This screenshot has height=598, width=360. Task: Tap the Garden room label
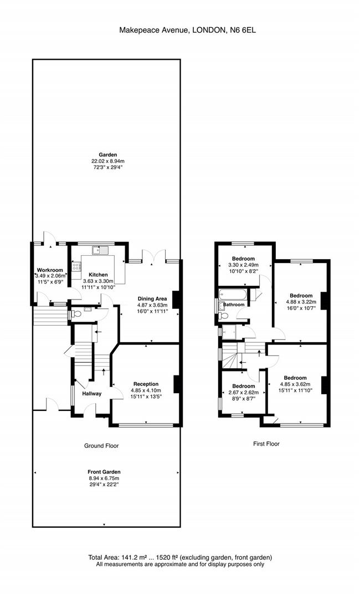108,155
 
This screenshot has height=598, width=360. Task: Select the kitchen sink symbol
100,250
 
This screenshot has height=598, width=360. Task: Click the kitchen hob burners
76,266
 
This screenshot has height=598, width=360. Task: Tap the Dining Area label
152,298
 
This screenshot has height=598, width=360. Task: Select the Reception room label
146,384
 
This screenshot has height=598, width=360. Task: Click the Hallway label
92,394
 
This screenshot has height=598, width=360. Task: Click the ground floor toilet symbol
74,315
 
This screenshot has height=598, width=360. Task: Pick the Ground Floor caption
101,445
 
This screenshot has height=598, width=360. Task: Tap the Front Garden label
104,472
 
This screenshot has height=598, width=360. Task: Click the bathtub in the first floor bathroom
232,295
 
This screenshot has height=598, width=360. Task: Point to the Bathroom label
234,305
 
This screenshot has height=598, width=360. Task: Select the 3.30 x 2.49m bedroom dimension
243,265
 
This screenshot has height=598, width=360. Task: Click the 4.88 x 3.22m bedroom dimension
301,302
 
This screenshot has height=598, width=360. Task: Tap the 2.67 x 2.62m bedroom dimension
243,393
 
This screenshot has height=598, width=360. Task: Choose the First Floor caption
266,444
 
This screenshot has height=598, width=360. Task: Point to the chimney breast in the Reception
177,384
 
